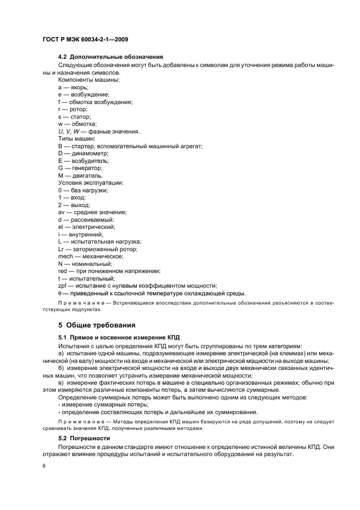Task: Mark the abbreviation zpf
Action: (x=62, y=286)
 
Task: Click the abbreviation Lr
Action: (x=61, y=249)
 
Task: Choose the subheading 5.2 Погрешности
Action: (x=84, y=438)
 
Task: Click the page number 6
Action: (x=43, y=467)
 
